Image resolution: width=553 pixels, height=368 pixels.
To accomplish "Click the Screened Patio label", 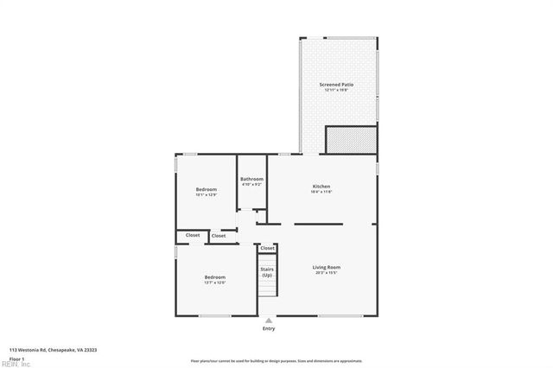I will pos(337,85).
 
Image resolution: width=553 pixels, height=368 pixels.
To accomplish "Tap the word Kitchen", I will pos(321,187).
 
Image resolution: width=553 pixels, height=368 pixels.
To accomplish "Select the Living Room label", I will pos(326,267).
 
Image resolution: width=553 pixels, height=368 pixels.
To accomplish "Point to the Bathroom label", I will pos(251,179).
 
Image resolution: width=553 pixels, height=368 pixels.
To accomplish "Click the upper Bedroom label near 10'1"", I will pos(206,189).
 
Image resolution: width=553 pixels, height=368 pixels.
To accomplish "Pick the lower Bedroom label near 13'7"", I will pos(214,277).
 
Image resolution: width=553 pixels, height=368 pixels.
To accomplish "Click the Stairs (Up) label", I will pos(267,272).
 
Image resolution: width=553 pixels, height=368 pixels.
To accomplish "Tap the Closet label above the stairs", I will pos(268,248).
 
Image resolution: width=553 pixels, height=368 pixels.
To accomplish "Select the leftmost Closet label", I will pos(192,235).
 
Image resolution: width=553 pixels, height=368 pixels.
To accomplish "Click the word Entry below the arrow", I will pos(269,329).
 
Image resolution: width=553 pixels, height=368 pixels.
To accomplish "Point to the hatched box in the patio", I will pos(351,139).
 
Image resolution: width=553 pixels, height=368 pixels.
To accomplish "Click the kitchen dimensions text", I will pos(321,192).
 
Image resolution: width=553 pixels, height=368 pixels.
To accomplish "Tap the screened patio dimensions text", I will pos(337,90).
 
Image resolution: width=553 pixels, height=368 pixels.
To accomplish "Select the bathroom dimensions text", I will pos(251,184).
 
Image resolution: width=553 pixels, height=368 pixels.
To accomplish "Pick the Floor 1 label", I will pos(16,358).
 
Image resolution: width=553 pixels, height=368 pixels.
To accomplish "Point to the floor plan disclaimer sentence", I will pos(276,361).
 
